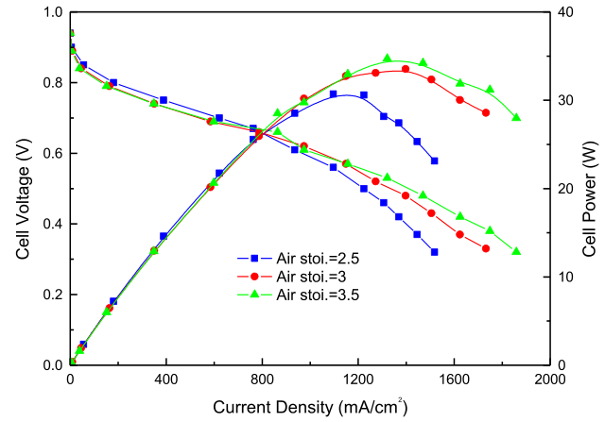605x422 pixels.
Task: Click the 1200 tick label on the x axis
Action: (357, 380)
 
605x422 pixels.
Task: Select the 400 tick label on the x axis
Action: (165, 380)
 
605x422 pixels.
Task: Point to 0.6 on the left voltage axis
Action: (51, 153)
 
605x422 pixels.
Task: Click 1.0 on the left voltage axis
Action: (51, 12)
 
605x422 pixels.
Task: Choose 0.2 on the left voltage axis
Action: (51, 295)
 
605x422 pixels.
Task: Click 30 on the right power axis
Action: (563, 100)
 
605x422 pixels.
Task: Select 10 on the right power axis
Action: (563, 277)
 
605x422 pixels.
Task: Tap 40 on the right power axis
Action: (563, 12)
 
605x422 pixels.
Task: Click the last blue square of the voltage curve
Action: (434, 252)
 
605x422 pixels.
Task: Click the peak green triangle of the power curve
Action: (388, 59)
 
